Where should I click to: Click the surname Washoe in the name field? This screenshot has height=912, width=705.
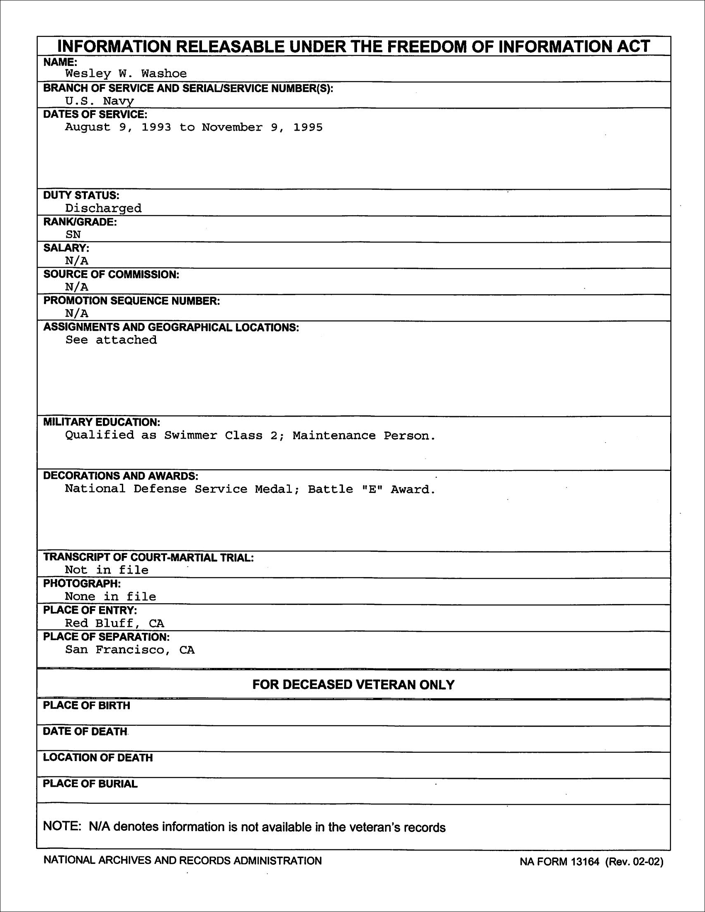pyautogui.click(x=164, y=74)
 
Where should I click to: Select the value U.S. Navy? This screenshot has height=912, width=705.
pyautogui.click(x=100, y=101)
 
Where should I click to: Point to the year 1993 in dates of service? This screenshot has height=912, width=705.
pyautogui.click(x=156, y=127)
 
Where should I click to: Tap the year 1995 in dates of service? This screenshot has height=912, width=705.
pyautogui.click(x=308, y=127)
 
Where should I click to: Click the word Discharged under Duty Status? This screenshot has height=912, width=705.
pyautogui.click(x=103, y=208)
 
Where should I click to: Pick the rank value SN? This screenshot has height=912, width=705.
pyautogui.click(x=73, y=235)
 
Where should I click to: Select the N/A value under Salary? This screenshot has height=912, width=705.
pyautogui.click(x=76, y=261)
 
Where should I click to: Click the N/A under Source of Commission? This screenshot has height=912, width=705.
pyautogui.click(x=76, y=287)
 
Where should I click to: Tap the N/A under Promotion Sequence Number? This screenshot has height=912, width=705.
pyautogui.click(x=76, y=314)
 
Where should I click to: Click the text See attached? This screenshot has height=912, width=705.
pyautogui.click(x=111, y=340)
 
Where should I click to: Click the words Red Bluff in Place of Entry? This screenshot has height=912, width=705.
pyautogui.click(x=99, y=623)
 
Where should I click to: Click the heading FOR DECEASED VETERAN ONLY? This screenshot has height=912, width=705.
pyautogui.click(x=353, y=685)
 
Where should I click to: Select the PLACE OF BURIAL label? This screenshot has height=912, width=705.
pyautogui.click(x=90, y=784)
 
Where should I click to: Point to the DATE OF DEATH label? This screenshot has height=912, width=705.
pyautogui.click(x=85, y=731)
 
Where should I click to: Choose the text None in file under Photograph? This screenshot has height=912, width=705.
pyautogui.click(x=110, y=597)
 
